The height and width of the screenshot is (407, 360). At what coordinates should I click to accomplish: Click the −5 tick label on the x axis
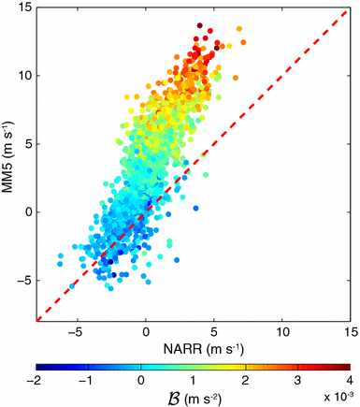click(x=79, y=331)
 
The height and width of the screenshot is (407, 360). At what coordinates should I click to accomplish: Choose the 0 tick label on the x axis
click(x=148, y=331)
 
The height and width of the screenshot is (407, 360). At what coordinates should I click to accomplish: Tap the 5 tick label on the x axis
click(x=215, y=331)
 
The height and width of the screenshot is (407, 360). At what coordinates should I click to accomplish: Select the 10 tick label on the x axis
click(x=282, y=331)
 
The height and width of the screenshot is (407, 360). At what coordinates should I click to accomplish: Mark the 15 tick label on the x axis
click(x=349, y=331)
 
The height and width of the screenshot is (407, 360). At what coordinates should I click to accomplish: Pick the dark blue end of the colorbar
click(x=41, y=367)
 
